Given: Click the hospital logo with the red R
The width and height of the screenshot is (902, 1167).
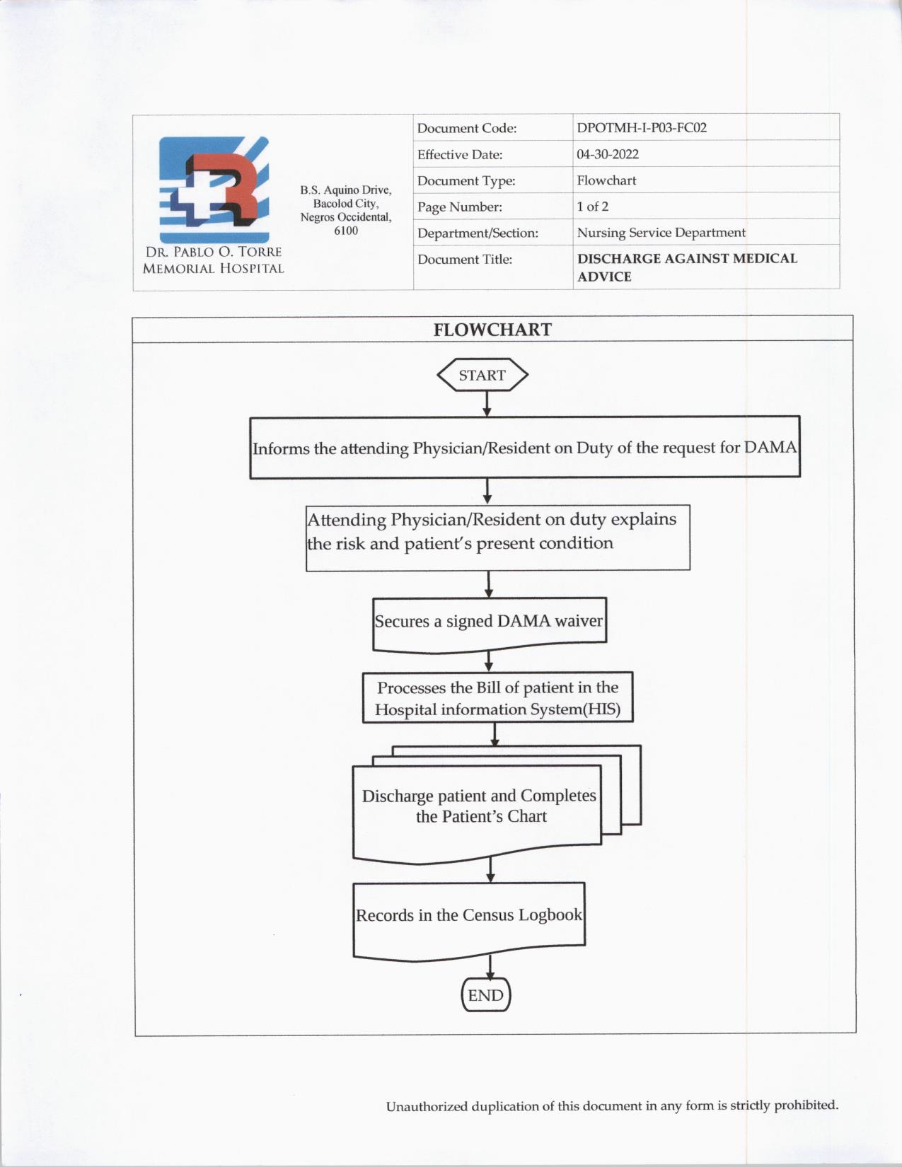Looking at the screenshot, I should click(214, 189).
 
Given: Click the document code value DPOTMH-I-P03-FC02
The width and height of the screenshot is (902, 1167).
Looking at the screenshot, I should click(641, 128).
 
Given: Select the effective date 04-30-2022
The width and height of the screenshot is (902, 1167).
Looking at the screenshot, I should click(607, 154).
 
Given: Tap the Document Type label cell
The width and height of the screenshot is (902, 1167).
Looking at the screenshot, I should click(466, 181).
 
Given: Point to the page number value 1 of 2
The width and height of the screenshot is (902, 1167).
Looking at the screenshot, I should click(592, 207).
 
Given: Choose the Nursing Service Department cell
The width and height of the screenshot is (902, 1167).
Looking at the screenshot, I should click(661, 233).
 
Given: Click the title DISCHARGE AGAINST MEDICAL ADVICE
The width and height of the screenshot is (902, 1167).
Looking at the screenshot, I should click(686, 267).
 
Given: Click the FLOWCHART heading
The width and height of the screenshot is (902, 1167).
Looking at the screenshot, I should click(492, 330).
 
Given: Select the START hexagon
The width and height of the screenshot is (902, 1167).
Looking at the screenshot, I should click(482, 375).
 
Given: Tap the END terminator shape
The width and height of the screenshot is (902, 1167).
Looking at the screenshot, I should click(485, 995).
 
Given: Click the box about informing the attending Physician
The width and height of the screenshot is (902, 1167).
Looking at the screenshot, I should click(524, 448).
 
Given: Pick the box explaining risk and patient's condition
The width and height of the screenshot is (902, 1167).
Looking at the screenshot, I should click(497, 538).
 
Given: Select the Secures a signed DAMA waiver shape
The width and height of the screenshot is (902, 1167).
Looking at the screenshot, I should click(489, 622).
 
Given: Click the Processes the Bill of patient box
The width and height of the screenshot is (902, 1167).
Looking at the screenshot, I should click(497, 697).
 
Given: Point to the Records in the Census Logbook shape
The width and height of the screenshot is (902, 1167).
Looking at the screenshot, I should click(469, 916).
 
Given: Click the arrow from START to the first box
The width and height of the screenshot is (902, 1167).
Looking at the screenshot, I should click(487, 403).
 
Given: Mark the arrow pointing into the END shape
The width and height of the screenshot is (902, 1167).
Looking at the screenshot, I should click(490, 968).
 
